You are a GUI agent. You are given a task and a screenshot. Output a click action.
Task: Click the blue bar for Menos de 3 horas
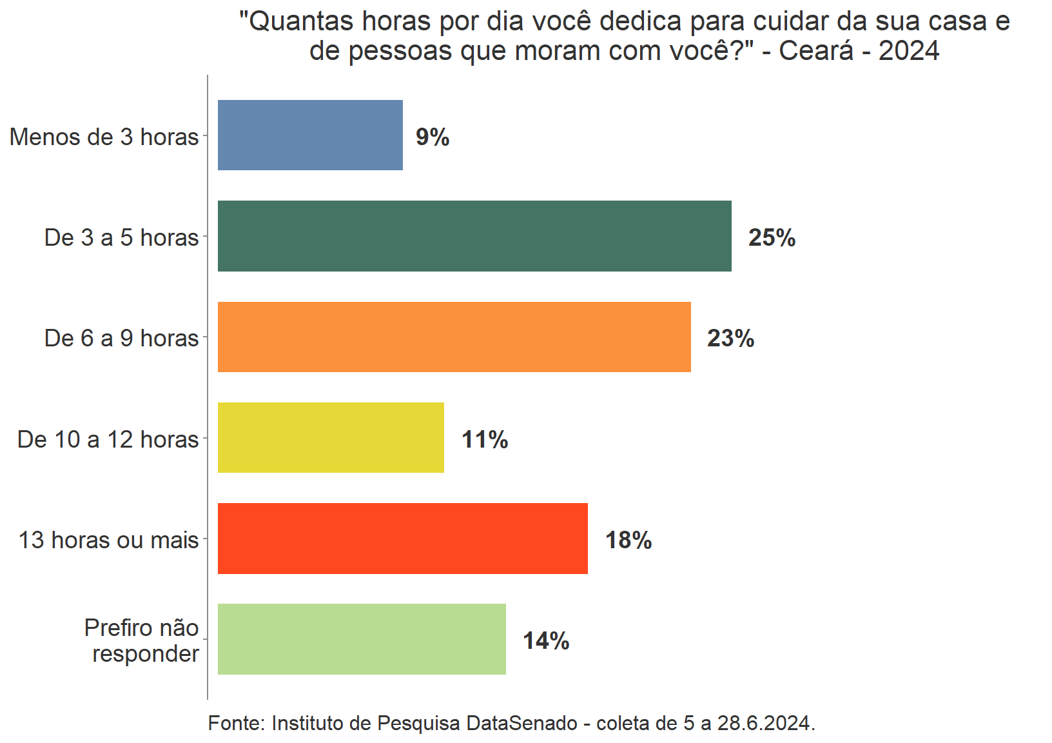coord(310,135)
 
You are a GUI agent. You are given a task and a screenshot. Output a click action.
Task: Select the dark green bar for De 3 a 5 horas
coord(474,236)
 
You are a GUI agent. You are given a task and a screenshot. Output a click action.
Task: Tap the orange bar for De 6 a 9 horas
coord(454,337)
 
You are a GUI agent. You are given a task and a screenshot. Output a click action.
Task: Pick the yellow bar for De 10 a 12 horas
coord(331,438)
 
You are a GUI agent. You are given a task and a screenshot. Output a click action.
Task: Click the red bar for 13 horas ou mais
coord(402,539)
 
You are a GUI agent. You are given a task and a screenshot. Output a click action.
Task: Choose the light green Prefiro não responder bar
coord(362,639)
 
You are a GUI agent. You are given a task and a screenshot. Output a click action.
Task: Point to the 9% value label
coord(433,137)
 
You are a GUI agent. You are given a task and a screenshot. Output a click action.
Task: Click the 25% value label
coord(772,238)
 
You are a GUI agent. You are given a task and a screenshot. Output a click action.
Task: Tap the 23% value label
coord(730,339)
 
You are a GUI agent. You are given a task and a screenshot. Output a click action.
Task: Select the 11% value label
coord(485,440)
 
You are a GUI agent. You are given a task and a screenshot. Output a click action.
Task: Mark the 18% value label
coord(628,540)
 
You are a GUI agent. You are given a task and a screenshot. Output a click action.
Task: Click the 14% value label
coord(546,641)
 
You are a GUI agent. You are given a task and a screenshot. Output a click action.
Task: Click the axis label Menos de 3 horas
coord(104,137)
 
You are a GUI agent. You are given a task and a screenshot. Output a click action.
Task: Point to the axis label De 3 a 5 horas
coord(121,238)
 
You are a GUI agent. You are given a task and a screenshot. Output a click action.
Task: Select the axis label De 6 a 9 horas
coord(121,339)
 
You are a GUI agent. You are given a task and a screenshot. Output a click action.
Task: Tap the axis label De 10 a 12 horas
coord(108,440)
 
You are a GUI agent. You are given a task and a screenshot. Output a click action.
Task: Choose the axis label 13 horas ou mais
coord(108,540)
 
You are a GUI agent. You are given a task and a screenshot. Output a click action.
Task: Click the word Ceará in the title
coord(815,51)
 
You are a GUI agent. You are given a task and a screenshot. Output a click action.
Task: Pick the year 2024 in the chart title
coord(909,51)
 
